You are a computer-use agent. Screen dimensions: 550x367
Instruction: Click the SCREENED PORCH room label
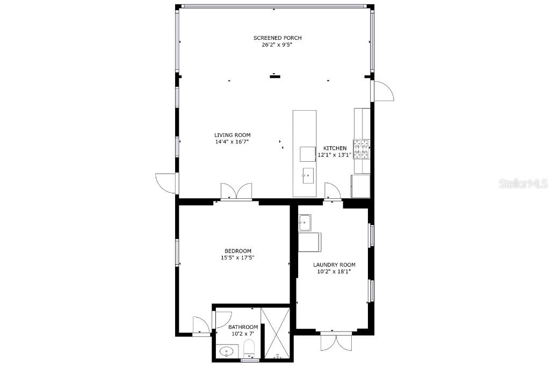(278, 38)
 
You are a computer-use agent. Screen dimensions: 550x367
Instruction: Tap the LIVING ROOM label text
(232, 135)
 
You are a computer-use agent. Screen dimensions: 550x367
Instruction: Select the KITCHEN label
(335, 148)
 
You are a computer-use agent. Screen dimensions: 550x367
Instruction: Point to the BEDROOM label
(238, 251)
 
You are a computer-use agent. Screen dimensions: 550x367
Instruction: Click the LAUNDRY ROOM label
(334, 265)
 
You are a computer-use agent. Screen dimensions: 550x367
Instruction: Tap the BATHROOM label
(243, 327)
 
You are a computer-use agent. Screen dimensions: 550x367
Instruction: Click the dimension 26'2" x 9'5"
(277, 45)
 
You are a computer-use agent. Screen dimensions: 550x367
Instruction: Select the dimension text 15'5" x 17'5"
(237, 258)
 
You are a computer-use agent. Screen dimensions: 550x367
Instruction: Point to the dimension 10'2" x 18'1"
(334, 271)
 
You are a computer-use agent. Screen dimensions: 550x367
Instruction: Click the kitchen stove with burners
(361, 149)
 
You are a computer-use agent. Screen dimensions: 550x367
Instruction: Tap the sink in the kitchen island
(308, 176)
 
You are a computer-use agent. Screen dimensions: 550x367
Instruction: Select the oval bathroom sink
(226, 351)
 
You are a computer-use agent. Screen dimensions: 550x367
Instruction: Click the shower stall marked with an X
(276, 333)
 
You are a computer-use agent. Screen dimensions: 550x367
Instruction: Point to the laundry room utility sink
(305, 223)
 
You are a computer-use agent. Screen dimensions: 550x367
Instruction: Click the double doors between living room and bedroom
(236, 192)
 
